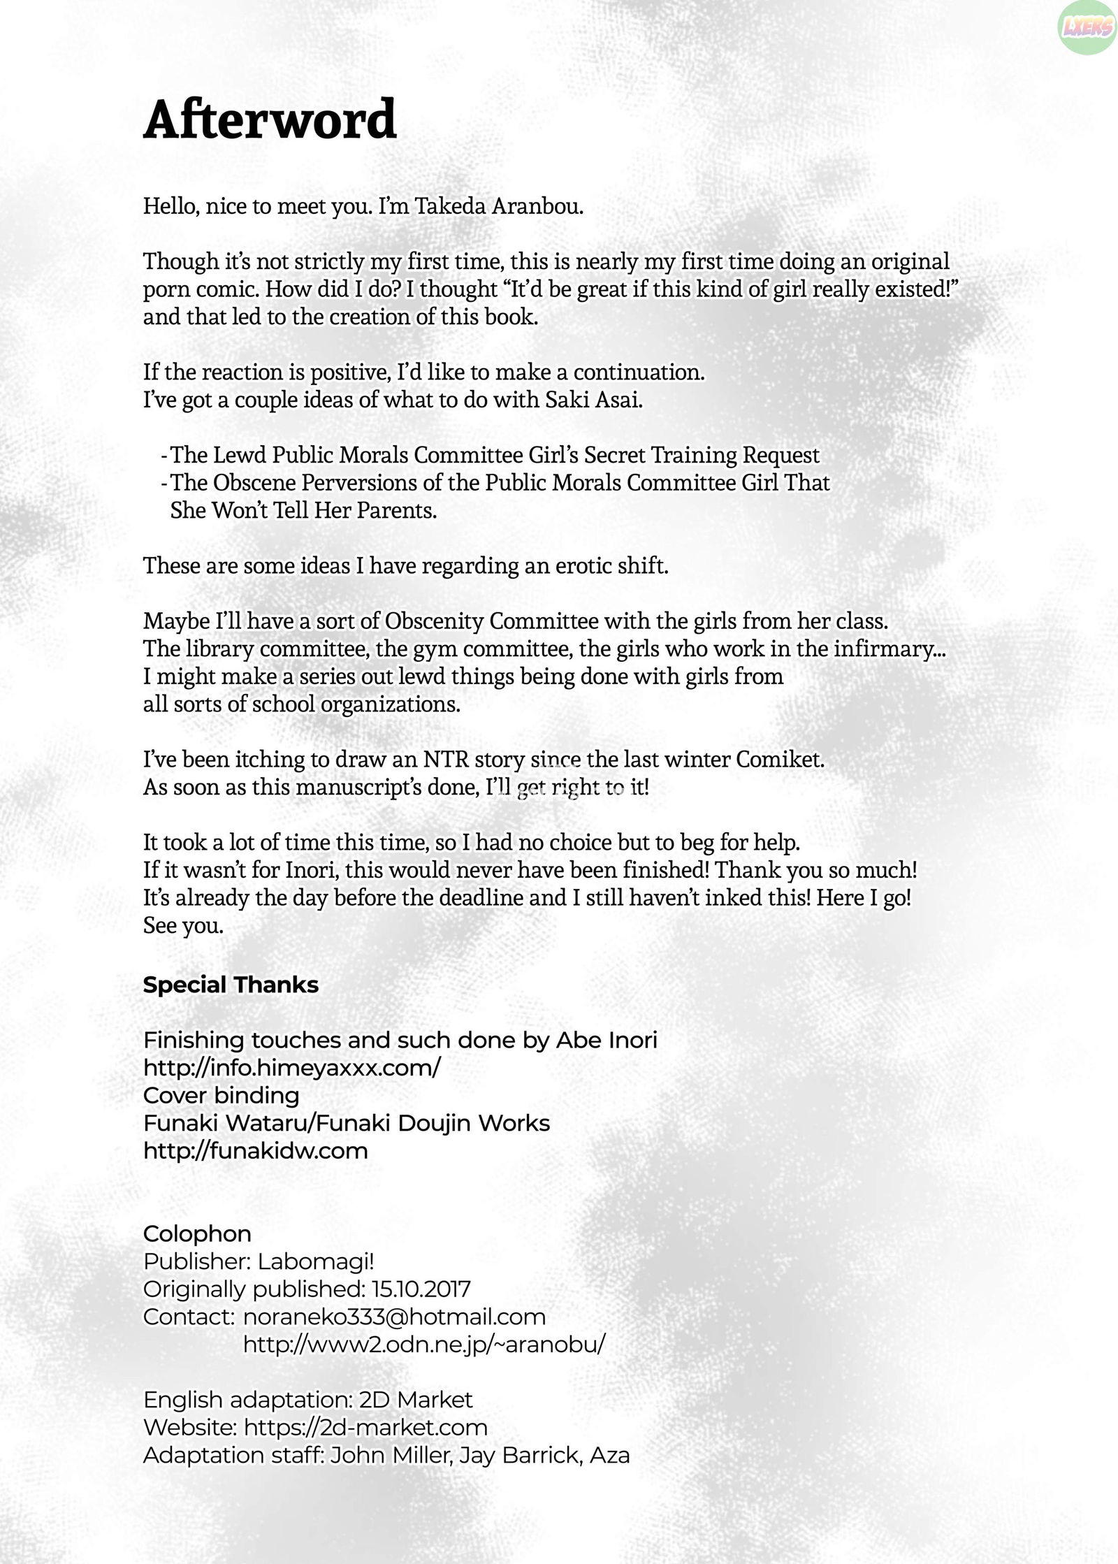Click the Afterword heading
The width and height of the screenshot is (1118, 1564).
coord(270,120)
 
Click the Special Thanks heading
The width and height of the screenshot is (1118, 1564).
coord(231,985)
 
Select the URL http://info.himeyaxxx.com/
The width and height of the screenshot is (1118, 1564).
coord(291,1068)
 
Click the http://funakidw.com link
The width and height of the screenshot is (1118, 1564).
coord(255,1150)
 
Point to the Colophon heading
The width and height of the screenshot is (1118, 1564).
coord(197,1233)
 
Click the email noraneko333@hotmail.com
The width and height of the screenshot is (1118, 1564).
coord(394,1317)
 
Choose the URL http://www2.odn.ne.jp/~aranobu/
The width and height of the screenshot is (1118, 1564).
coord(424,1344)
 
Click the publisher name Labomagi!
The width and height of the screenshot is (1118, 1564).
coord(316,1261)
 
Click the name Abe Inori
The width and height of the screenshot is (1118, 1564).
coord(607,1041)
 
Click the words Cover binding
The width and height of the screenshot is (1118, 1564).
coord(221,1095)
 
